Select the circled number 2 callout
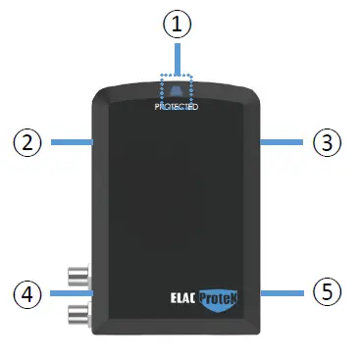pyautogui.click(x=28, y=142)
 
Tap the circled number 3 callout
pyautogui.click(x=327, y=142)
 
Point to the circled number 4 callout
pyautogui.click(x=28, y=291)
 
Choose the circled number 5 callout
pyautogui.click(x=327, y=291)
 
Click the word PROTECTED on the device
pyautogui.click(x=178, y=106)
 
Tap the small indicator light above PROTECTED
pyautogui.click(x=178, y=91)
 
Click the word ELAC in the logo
pyautogui.click(x=171, y=291)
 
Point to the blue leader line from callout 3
pyautogui.click(x=284, y=142)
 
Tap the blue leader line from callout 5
pyautogui.click(x=285, y=291)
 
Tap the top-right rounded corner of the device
pyautogui.click(x=253, y=96)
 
